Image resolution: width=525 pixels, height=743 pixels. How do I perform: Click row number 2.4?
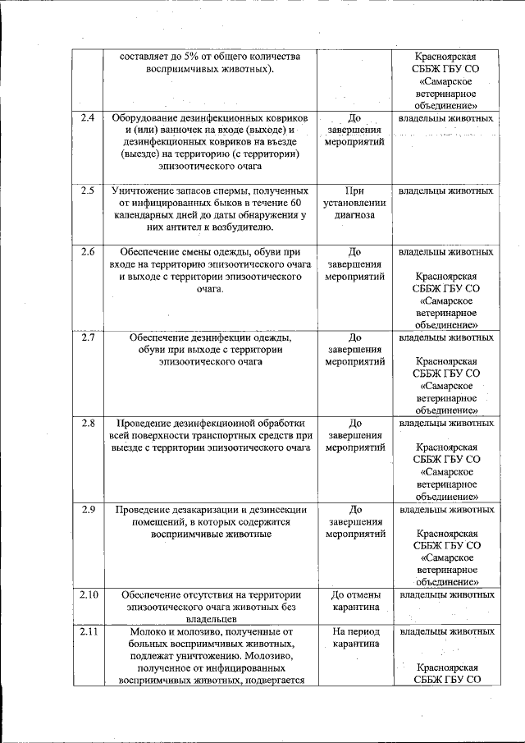click(88, 118)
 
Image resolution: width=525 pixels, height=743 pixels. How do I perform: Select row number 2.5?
click(88, 191)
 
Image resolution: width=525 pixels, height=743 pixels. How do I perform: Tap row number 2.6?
click(88, 251)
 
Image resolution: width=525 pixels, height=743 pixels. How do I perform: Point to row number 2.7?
click(88, 337)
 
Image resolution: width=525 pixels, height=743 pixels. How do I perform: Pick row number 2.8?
click(88, 423)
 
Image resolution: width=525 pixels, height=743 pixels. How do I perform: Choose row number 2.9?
click(88, 509)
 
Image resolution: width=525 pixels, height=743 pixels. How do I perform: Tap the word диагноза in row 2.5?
click(354, 216)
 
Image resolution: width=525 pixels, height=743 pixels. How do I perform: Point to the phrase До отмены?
click(355, 594)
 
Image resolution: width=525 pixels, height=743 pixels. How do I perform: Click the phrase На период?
click(355, 631)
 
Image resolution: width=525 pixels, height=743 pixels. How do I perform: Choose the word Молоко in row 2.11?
click(148, 631)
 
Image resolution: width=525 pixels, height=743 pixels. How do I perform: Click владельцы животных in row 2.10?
click(446, 594)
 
